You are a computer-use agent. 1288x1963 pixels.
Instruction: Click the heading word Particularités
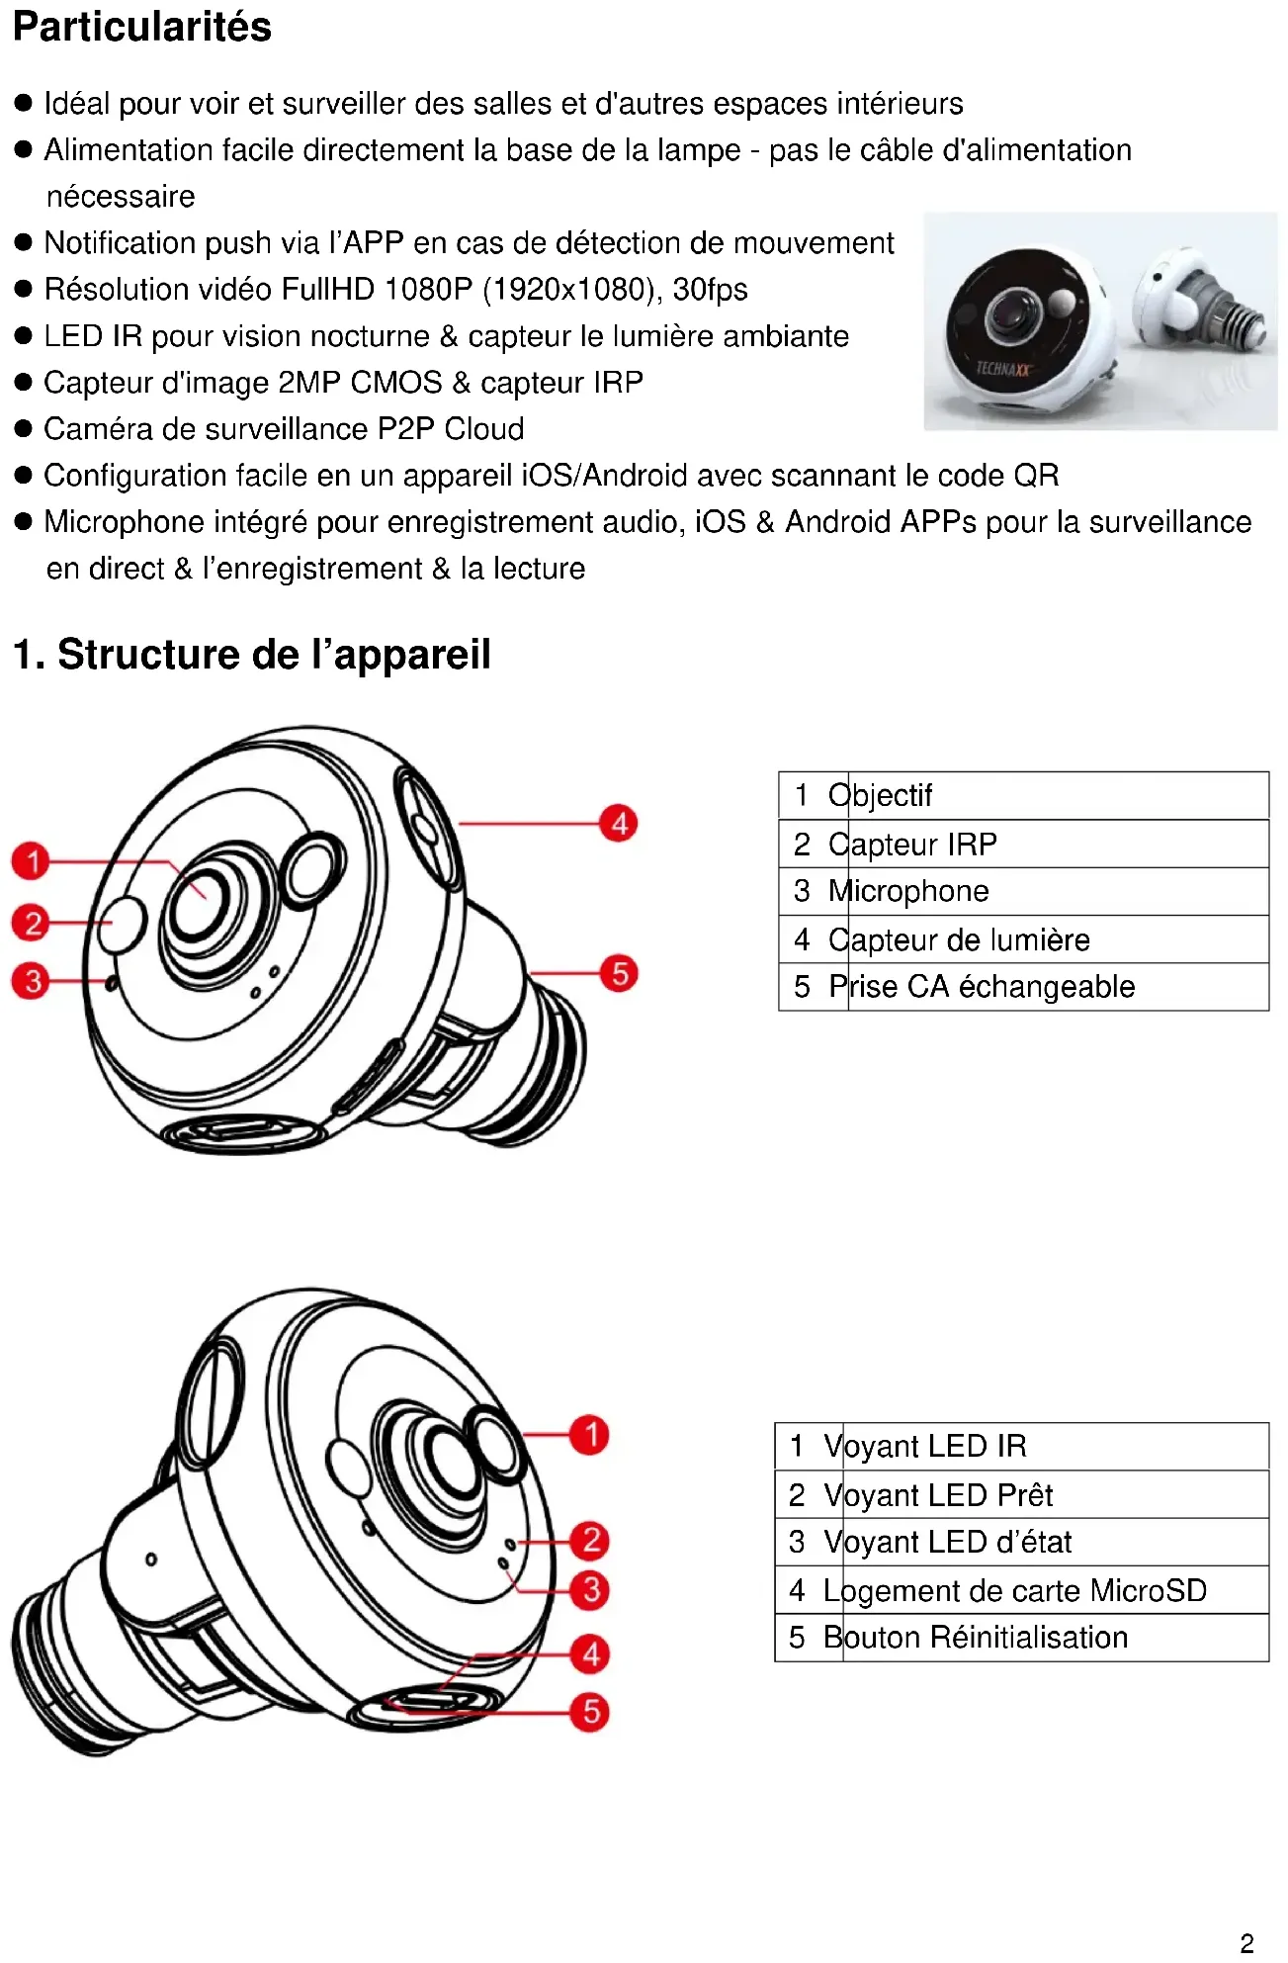pyautogui.click(x=141, y=27)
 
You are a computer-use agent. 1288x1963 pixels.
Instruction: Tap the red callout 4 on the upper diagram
pyautogui.click(x=619, y=823)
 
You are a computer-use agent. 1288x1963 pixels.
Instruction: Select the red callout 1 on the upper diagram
pyautogui.click(x=32, y=860)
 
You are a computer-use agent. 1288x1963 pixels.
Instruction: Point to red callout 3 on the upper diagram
pyautogui.click(x=32, y=981)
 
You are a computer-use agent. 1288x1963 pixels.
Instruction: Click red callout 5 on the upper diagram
pyautogui.click(x=619, y=973)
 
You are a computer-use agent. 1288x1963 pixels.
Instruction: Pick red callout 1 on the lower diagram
pyautogui.click(x=590, y=1434)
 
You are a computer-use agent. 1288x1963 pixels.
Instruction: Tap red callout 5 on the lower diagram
pyautogui.click(x=590, y=1712)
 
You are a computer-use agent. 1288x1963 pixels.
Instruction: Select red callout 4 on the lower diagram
pyautogui.click(x=590, y=1653)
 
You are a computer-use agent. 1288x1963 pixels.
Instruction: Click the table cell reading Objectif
pyautogui.click(x=1058, y=795)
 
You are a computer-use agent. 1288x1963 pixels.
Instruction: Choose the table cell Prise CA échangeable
pyautogui.click(x=1058, y=987)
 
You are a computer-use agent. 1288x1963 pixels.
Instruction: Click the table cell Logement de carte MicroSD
pyautogui.click(x=1056, y=1590)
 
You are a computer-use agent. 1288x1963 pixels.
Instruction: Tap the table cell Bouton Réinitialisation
pyautogui.click(x=1056, y=1638)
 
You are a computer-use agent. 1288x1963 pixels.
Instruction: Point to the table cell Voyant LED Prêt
pyautogui.click(x=1056, y=1494)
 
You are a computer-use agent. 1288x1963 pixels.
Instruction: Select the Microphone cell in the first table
pyautogui.click(x=1058, y=891)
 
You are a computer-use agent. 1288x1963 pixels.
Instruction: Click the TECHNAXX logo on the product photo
pyautogui.click(x=1003, y=369)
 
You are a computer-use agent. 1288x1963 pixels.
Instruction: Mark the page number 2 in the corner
pyautogui.click(x=1246, y=1942)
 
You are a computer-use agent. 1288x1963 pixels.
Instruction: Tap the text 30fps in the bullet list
pyautogui.click(x=710, y=289)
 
